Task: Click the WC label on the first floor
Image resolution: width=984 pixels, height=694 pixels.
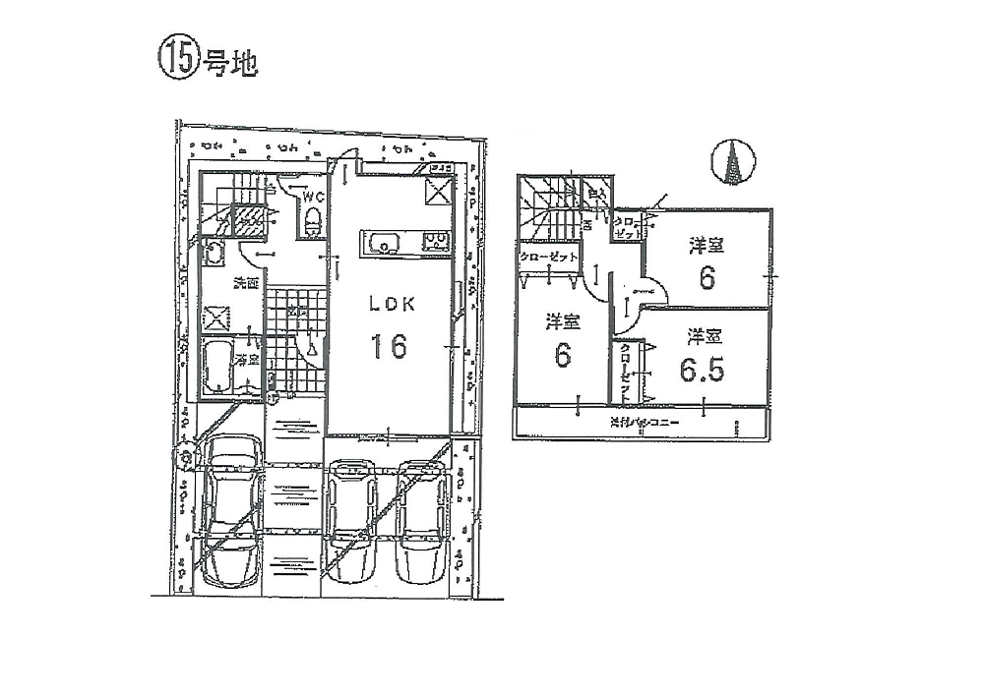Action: click(x=313, y=197)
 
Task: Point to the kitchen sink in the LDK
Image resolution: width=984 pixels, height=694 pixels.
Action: click(x=382, y=242)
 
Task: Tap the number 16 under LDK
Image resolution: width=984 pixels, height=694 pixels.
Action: click(x=389, y=346)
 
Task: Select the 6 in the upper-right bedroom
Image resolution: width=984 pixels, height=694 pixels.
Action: click(x=706, y=278)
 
